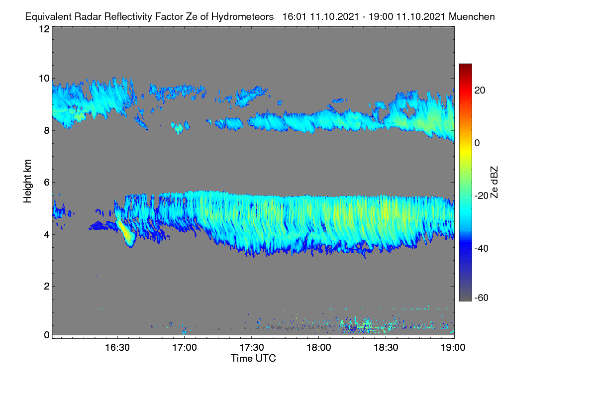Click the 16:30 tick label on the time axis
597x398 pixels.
point(117,347)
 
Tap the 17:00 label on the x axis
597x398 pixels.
point(185,347)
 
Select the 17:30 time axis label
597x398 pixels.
point(252,347)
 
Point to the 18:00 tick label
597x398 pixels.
point(319,347)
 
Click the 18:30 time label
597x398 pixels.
point(386,347)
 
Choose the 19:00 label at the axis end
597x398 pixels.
point(453,347)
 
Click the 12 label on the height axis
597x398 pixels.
point(44,29)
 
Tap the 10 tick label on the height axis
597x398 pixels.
point(44,79)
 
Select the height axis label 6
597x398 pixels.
point(47,183)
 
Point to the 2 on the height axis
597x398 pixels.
point(47,286)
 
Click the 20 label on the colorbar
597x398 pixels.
point(480,91)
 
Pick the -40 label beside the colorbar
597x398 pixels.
point(482,248)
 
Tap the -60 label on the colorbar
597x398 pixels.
point(482,298)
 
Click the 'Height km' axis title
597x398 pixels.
point(27,181)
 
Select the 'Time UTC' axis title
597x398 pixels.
point(253,358)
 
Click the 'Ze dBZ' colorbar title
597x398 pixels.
point(494,183)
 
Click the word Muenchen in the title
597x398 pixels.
point(472,16)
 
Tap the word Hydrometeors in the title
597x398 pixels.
point(242,17)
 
